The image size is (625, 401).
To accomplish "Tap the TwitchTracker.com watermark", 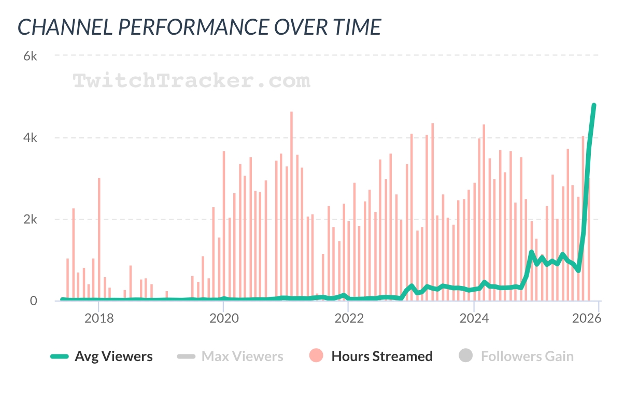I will click(x=191, y=80).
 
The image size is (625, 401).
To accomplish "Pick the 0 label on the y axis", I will click(x=33, y=301).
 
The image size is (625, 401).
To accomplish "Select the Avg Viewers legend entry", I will click(x=113, y=356).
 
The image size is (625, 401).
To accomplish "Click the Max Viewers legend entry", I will click(x=242, y=356).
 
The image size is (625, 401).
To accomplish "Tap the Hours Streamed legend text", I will click(x=382, y=356).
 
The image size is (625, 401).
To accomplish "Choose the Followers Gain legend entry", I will click(x=527, y=356).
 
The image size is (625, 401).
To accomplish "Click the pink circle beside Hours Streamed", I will click(x=316, y=356).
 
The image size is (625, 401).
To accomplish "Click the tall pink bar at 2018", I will click(x=99, y=238).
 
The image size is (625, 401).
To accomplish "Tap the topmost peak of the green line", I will click(x=594, y=106).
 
